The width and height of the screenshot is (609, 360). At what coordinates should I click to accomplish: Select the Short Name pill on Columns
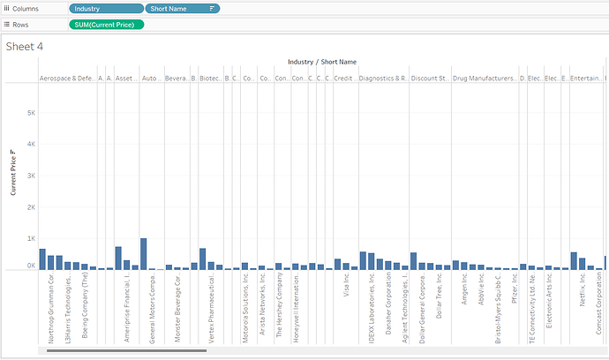click(x=182, y=8)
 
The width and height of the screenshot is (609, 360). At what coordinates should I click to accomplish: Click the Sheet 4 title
click(x=26, y=46)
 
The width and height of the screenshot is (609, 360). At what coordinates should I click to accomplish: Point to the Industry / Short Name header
click(x=322, y=62)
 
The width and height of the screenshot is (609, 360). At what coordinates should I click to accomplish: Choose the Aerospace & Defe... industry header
click(x=67, y=78)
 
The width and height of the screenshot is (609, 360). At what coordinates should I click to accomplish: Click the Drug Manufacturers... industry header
click(x=485, y=78)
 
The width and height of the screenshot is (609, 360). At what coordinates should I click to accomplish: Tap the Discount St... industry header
click(x=430, y=78)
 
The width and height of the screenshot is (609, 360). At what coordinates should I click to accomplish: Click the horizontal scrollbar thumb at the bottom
click(x=124, y=350)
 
